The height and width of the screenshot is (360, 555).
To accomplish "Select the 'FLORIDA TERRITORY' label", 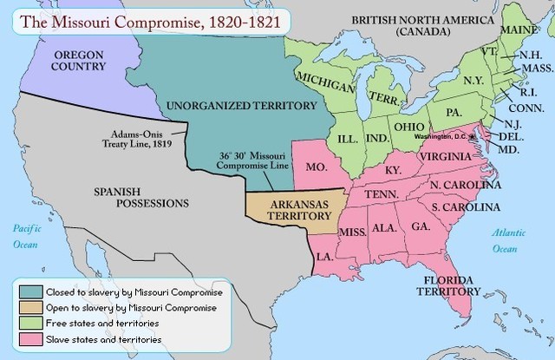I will point(454,287).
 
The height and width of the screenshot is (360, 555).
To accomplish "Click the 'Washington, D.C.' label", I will point(441,138).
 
